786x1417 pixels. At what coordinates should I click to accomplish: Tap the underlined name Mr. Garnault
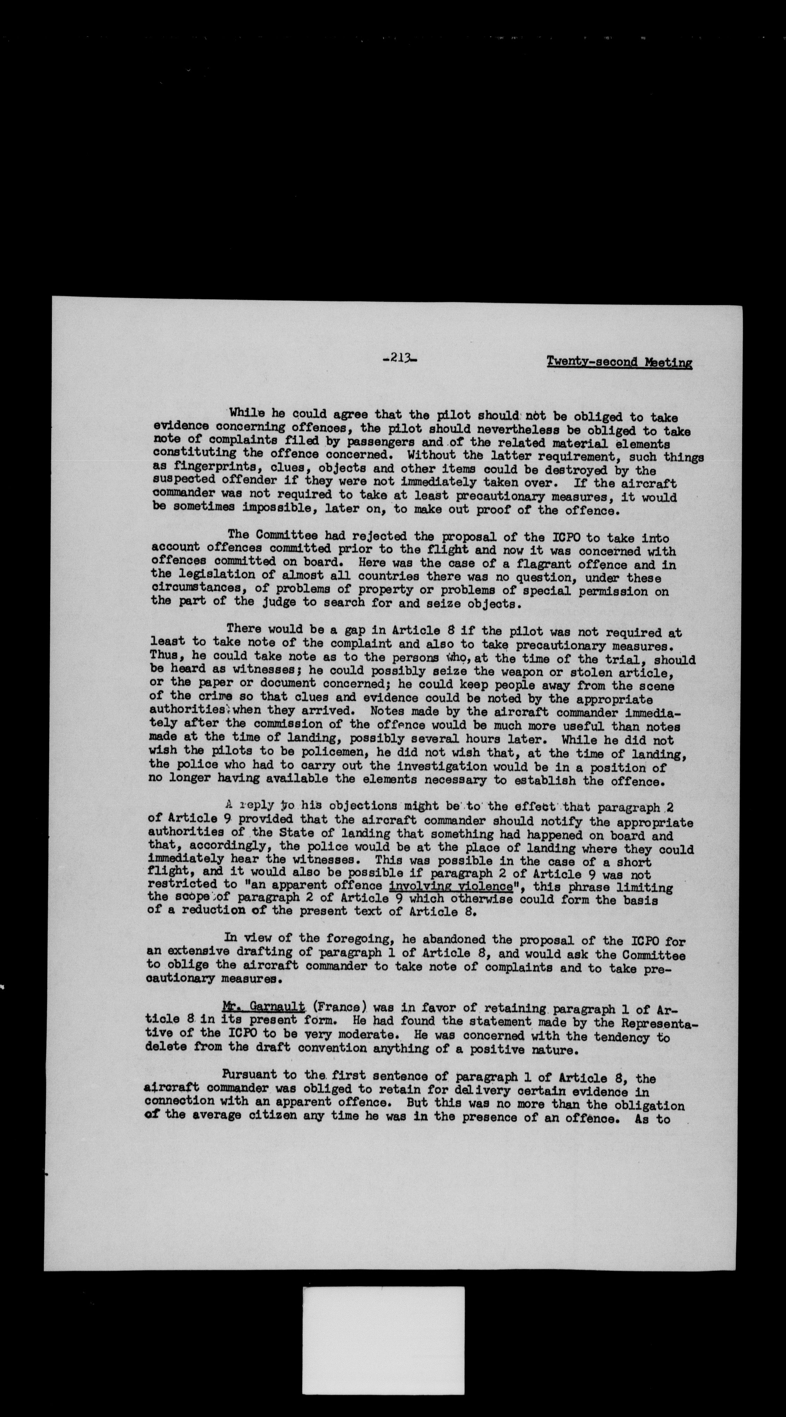[x=264, y=1006]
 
